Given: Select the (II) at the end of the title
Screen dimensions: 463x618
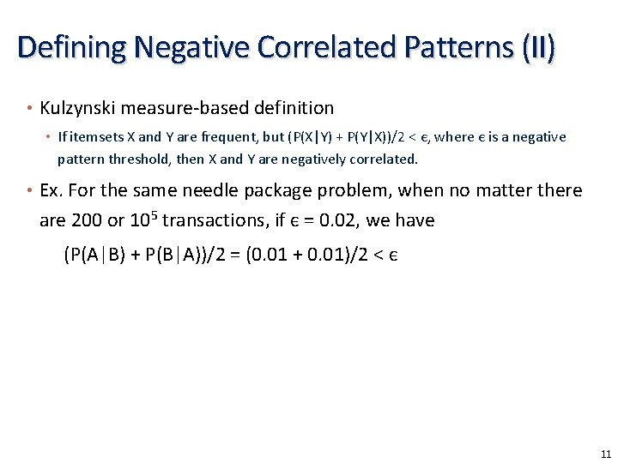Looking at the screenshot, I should click(x=535, y=46).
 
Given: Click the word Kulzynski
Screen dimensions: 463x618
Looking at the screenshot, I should click(x=80, y=108).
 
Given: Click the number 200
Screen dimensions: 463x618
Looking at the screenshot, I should click(x=87, y=220).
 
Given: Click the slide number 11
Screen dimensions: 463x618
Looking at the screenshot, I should click(x=606, y=454).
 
